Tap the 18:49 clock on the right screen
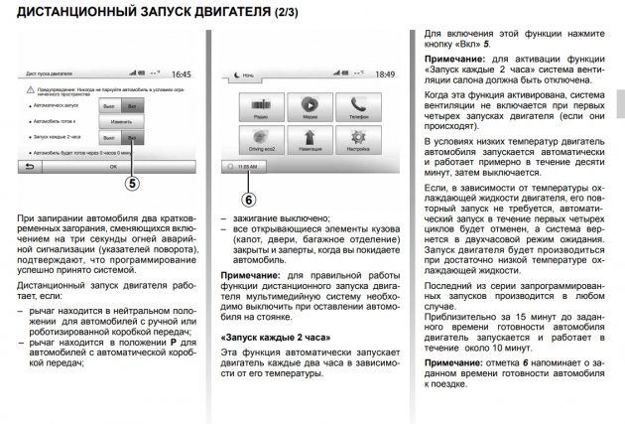380,73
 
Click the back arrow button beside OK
31,168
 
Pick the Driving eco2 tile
259,140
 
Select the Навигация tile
309,140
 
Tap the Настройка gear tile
357,140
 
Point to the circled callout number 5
133,183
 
